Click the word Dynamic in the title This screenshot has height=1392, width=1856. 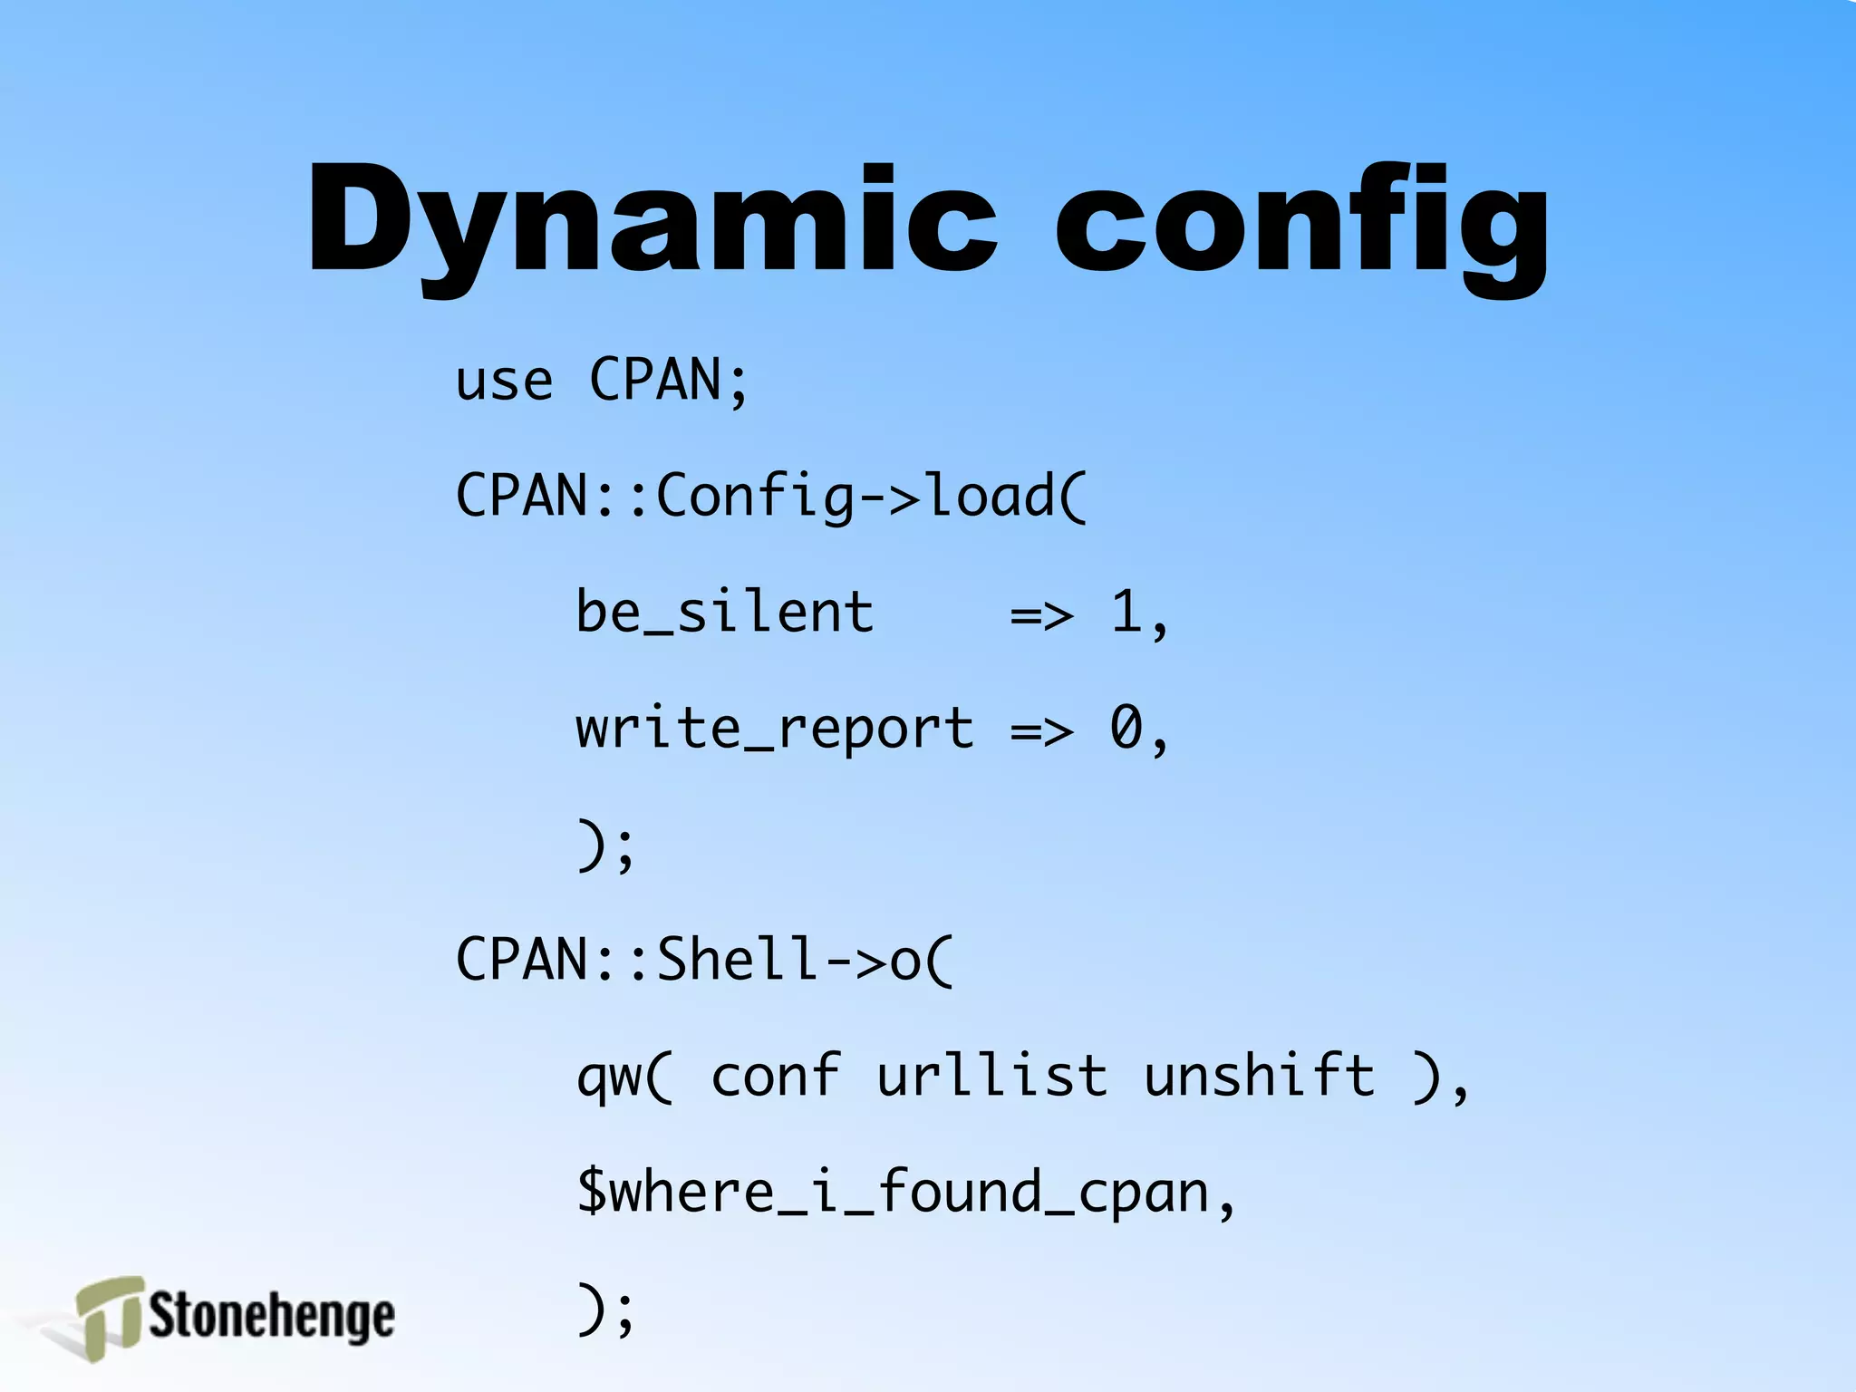(652, 222)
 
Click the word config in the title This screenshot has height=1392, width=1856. (1301, 222)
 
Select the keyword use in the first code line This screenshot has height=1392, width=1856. (504, 381)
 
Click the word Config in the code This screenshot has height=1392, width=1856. (755, 497)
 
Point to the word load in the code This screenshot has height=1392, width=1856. (990, 496)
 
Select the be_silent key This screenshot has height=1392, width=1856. (725, 613)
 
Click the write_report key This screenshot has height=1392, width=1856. (775, 729)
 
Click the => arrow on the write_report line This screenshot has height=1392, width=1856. (1042, 730)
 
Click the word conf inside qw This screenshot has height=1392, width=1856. (776, 1076)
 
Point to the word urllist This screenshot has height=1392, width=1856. (991, 1076)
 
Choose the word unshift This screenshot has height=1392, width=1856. (1260, 1076)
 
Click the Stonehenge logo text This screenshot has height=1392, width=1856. (272, 1316)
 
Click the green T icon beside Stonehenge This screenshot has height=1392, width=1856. (109, 1316)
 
